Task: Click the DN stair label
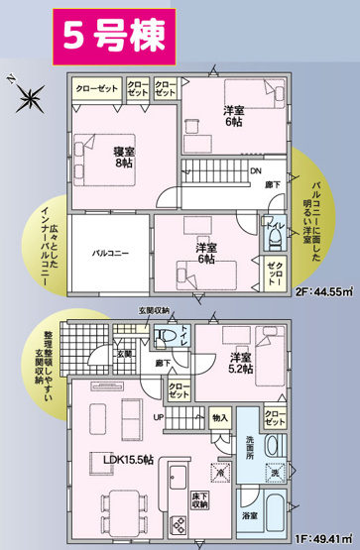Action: coord(255,171)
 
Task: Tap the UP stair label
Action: coord(157,415)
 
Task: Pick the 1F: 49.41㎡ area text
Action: coord(323,538)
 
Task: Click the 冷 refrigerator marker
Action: coord(221,476)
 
